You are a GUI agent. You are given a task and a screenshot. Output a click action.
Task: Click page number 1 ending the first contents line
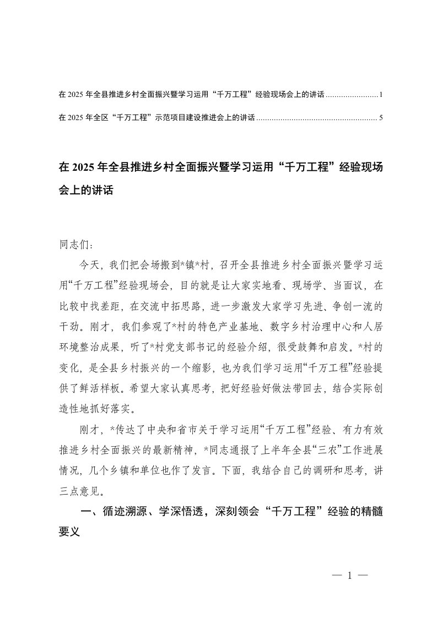[x=381, y=95]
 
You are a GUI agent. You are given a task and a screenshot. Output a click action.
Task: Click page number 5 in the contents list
[x=381, y=117]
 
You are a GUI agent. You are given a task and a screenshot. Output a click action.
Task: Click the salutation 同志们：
[x=72, y=242]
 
